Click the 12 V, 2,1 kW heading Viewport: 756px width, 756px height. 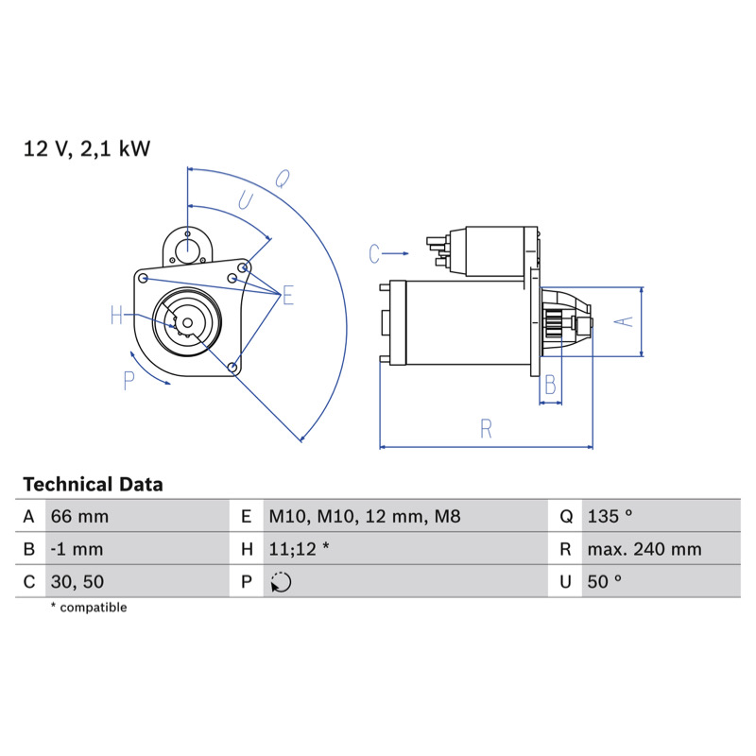87,148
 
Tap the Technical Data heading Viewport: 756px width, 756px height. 93,484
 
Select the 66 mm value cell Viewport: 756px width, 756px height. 79,516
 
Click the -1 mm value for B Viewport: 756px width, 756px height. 77,549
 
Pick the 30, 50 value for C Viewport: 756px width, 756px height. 77,581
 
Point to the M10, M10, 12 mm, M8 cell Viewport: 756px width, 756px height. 365,516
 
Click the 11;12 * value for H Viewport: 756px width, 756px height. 299,549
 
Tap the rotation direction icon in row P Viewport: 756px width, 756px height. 281,582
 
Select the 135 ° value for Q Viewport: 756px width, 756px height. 610,516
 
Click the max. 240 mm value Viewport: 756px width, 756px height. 644,549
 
